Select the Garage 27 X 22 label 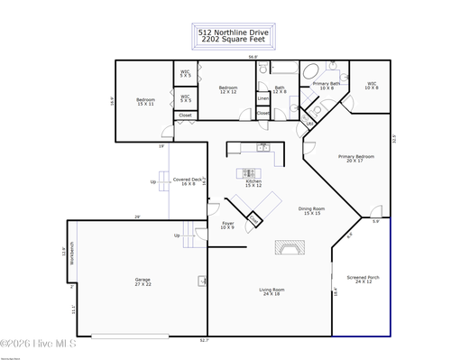pos(143,282)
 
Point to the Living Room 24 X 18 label pos(271,291)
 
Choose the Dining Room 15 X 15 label pos(312,211)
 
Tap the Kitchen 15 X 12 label pos(254,183)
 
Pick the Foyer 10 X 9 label pos(227,226)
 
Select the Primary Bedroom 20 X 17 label pos(356,159)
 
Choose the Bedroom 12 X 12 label pos(228,90)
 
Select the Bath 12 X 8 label pos(280,90)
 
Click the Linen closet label pos(262,97)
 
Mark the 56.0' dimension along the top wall pos(253,57)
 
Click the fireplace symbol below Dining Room pos(290,248)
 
